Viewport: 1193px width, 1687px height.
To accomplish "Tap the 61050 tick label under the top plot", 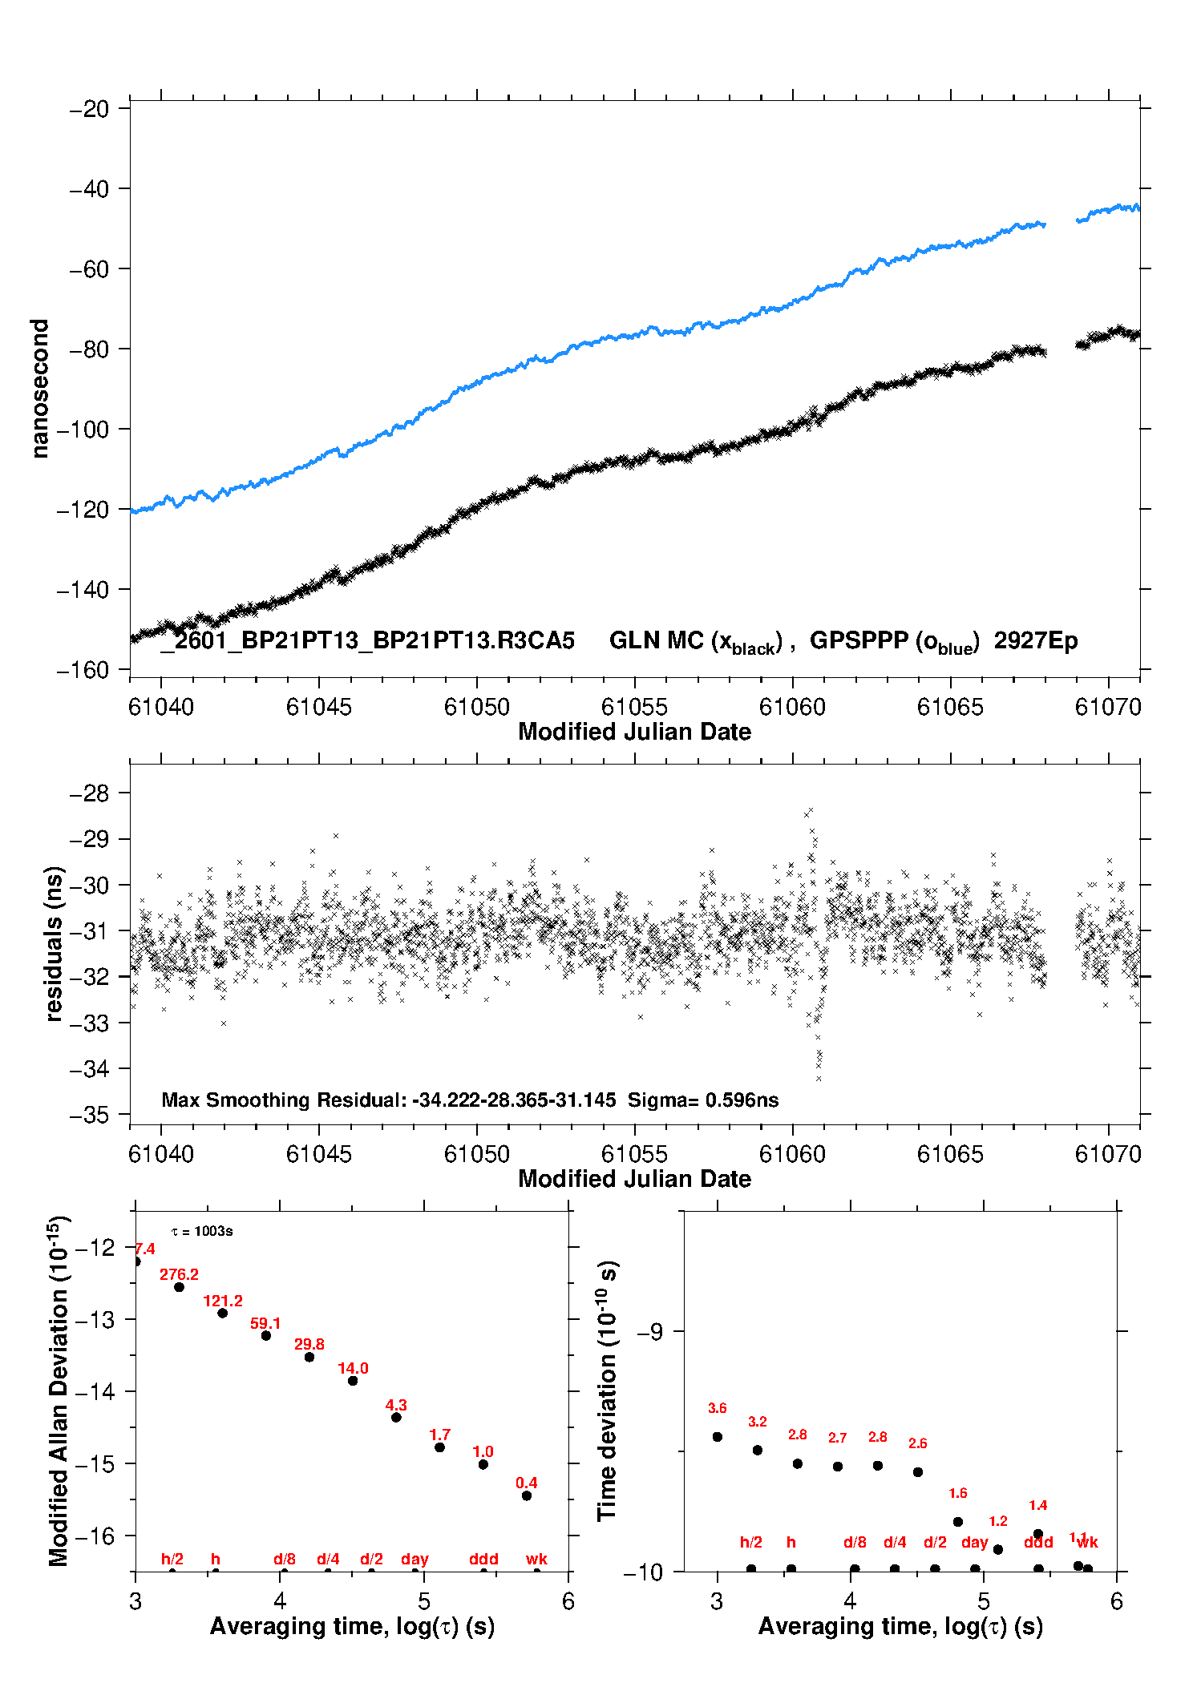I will click(476, 707).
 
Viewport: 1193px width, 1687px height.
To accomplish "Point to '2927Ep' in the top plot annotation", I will click(1036, 640).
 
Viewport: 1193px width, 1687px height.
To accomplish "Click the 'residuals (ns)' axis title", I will click(55, 943).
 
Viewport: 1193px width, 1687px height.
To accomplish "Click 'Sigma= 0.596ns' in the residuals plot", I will click(703, 1100).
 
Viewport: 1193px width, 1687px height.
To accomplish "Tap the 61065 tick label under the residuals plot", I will click(950, 1154).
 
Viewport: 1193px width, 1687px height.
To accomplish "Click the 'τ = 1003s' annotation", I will click(202, 1231).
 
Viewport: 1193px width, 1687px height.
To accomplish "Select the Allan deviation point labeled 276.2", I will click(180, 1287).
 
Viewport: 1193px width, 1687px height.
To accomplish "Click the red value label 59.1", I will click(265, 1323).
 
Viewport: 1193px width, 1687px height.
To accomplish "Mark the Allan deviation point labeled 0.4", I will click(527, 1495).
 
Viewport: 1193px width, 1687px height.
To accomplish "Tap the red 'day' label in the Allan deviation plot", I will click(415, 1559).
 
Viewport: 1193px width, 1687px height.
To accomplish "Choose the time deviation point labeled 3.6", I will click(718, 1437).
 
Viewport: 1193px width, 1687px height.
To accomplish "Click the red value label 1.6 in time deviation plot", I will click(958, 1493).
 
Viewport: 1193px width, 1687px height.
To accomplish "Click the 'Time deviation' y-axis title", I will click(608, 1390).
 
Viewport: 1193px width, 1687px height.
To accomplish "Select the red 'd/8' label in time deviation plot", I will click(855, 1542).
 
